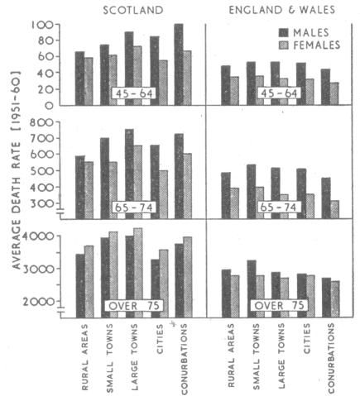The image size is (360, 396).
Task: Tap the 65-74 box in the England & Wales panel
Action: pyautogui.click(x=275, y=207)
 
